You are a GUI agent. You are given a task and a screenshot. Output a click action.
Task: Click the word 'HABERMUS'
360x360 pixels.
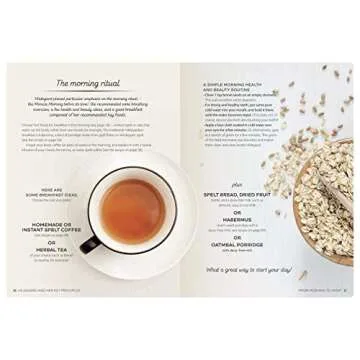pos(237,222)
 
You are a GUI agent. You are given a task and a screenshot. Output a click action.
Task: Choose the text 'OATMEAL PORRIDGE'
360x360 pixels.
pos(237,247)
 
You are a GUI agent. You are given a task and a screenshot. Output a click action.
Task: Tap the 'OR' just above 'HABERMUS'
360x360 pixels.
pos(237,213)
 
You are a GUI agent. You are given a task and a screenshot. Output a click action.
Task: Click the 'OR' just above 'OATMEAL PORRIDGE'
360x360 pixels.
pos(237,239)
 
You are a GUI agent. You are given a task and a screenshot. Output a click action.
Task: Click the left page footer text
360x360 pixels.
pos(55,291)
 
